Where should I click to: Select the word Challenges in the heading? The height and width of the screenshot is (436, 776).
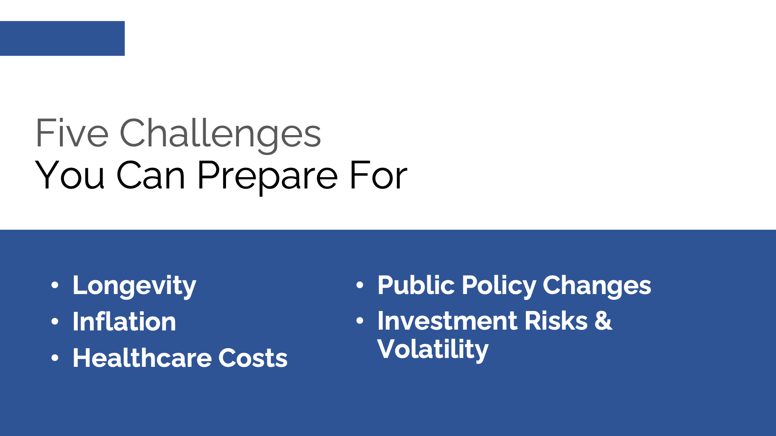point(220,133)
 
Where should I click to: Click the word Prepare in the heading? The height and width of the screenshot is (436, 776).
point(267,176)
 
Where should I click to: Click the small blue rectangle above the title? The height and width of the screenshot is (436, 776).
point(62,38)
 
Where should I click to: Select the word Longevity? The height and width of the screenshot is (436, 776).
point(134,286)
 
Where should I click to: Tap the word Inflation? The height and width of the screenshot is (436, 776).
point(124,322)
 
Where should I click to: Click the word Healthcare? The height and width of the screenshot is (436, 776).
point(142,358)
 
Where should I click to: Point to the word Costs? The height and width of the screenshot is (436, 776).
point(253,358)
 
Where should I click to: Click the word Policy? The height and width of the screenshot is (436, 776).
point(499,286)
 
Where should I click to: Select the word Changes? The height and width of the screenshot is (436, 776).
point(597,286)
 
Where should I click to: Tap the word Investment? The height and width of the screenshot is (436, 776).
point(448,321)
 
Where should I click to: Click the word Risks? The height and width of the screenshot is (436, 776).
point(556,321)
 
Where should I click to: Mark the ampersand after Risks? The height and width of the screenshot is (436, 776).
point(603,321)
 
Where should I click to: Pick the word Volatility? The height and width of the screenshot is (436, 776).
point(433,349)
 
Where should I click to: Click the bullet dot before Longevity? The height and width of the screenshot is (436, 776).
point(55,285)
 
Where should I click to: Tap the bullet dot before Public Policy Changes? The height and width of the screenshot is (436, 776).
point(360,285)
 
